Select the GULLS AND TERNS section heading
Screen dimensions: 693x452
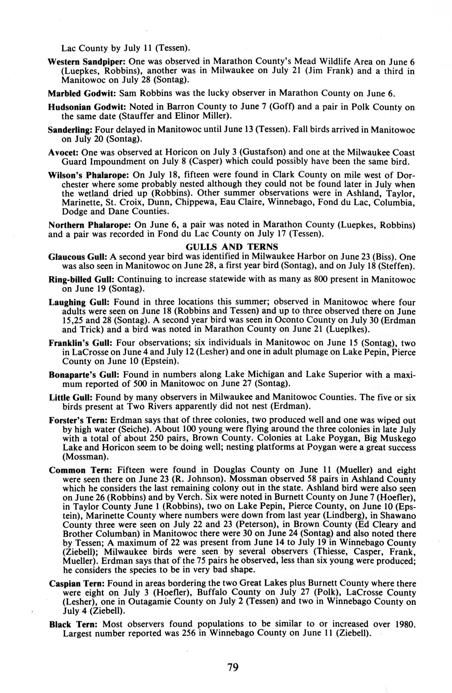232,247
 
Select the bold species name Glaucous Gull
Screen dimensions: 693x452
78,257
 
